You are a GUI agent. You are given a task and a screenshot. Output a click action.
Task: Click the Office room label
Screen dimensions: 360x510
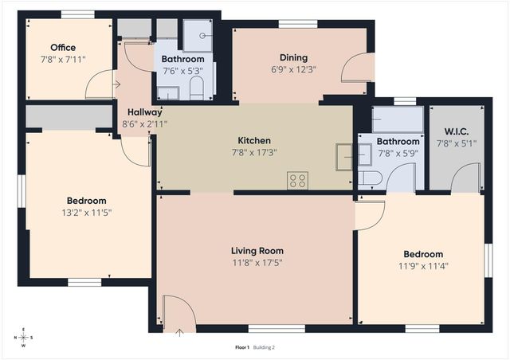tap(63, 48)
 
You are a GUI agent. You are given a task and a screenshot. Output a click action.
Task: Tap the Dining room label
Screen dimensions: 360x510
tap(293, 57)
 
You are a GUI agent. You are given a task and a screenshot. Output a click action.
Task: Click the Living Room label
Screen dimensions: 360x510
tap(257, 250)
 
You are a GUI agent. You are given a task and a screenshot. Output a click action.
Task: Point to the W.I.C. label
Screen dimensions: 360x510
tap(455, 131)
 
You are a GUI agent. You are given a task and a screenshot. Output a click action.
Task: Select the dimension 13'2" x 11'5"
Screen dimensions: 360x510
tap(86, 213)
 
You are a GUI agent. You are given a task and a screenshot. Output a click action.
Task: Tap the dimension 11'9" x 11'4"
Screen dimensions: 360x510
tap(422, 266)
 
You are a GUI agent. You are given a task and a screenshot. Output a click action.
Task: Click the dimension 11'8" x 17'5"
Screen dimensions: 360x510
tap(257, 262)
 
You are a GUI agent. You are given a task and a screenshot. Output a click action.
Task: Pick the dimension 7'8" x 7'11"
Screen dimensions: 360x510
tap(63, 59)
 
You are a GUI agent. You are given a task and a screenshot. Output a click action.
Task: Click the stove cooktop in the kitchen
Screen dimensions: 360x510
tap(297, 181)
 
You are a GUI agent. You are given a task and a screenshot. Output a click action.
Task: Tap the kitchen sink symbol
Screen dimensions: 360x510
tap(344, 156)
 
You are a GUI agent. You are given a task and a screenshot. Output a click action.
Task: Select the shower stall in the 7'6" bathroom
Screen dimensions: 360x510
tap(197, 35)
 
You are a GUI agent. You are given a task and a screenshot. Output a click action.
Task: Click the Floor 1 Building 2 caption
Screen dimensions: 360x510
tap(254, 347)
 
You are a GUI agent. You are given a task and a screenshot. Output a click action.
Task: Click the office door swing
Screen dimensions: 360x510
tap(100, 84)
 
